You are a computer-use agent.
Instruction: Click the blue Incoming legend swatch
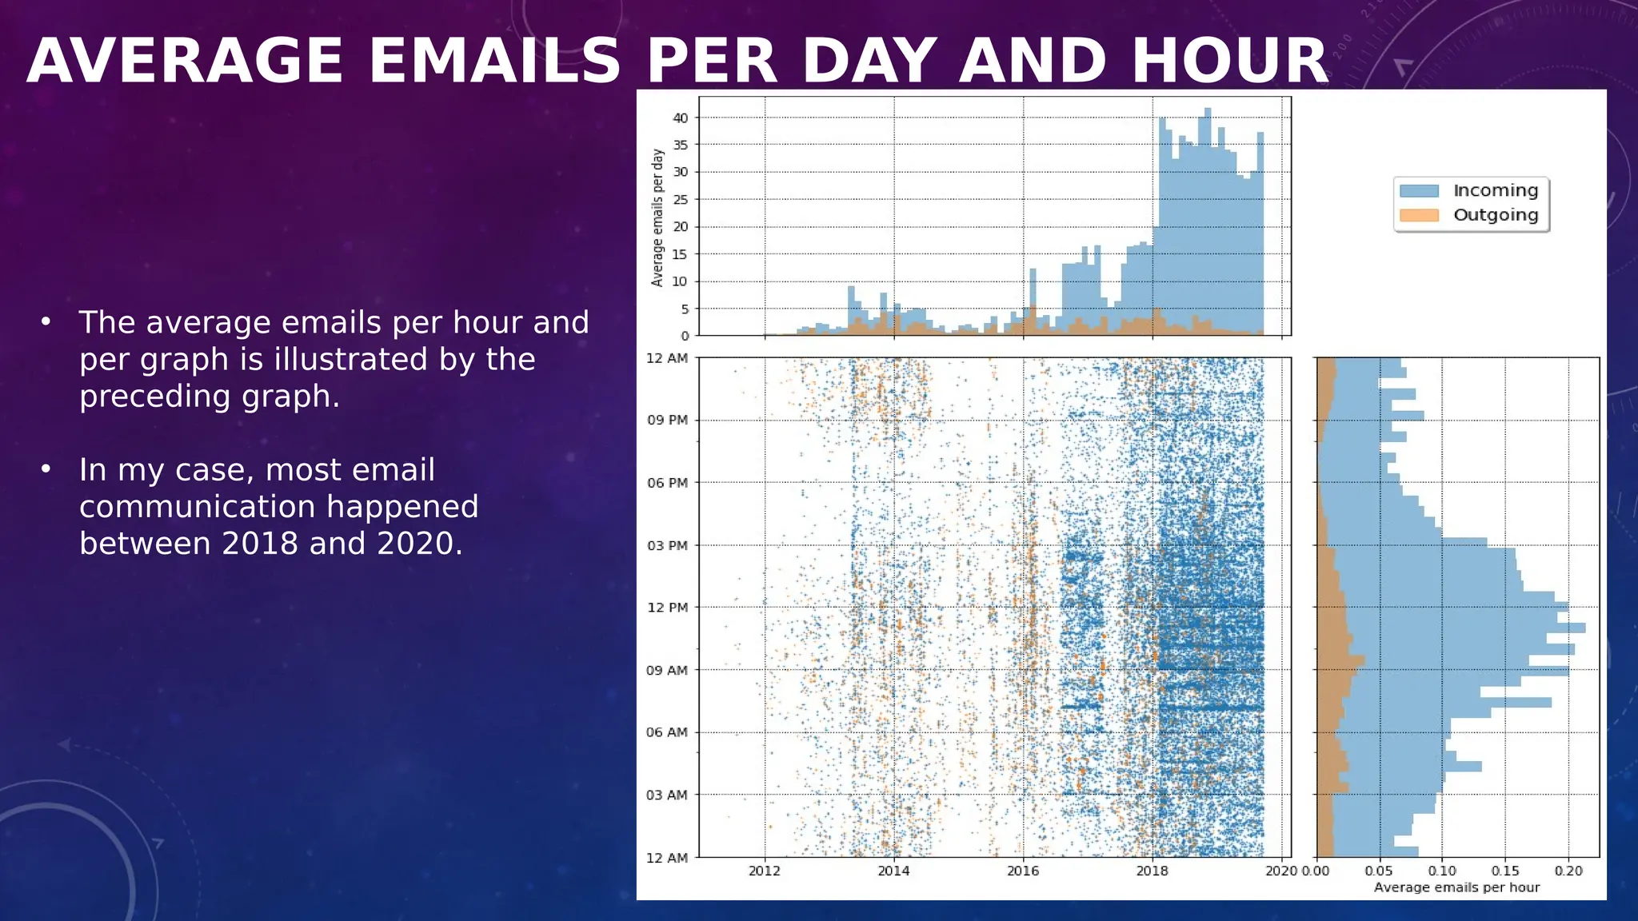(1419, 191)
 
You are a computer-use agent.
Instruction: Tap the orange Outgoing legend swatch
(1419, 215)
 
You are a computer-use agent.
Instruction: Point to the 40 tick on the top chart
(681, 118)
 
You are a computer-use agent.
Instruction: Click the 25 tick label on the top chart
(681, 200)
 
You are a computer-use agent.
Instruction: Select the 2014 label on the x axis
(893, 871)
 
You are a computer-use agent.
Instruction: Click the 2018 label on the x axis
(1152, 871)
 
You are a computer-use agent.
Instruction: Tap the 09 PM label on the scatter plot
(667, 421)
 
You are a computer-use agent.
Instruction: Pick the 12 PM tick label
(667, 608)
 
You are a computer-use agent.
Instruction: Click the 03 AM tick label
(667, 795)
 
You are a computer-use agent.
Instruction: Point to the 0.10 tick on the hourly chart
(1442, 871)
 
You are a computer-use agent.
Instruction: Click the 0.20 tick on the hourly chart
(1568, 871)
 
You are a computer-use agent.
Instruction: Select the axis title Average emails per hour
(1456, 887)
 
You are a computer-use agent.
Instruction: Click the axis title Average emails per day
(657, 217)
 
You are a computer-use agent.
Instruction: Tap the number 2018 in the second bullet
(261, 544)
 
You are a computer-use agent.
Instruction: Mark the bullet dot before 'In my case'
(46, 468)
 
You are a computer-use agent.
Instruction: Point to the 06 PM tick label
(667, 483)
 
